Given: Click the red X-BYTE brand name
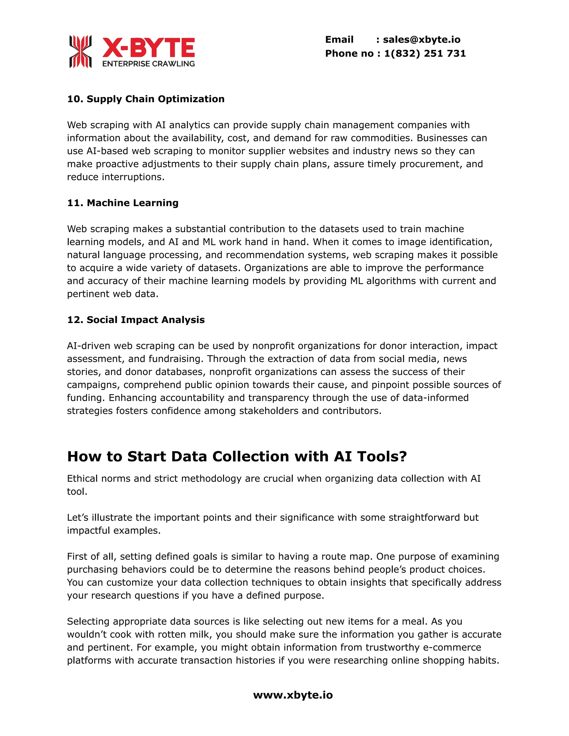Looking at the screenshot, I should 148,47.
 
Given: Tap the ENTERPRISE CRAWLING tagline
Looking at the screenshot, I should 148,64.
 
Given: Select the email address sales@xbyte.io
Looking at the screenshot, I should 421,40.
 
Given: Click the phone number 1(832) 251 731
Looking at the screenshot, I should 425,54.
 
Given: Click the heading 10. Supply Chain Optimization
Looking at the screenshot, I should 146,99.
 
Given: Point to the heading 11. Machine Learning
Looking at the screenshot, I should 123,203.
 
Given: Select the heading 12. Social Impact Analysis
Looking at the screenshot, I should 136,320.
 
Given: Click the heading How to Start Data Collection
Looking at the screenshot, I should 237,457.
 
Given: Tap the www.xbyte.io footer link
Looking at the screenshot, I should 293,695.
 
